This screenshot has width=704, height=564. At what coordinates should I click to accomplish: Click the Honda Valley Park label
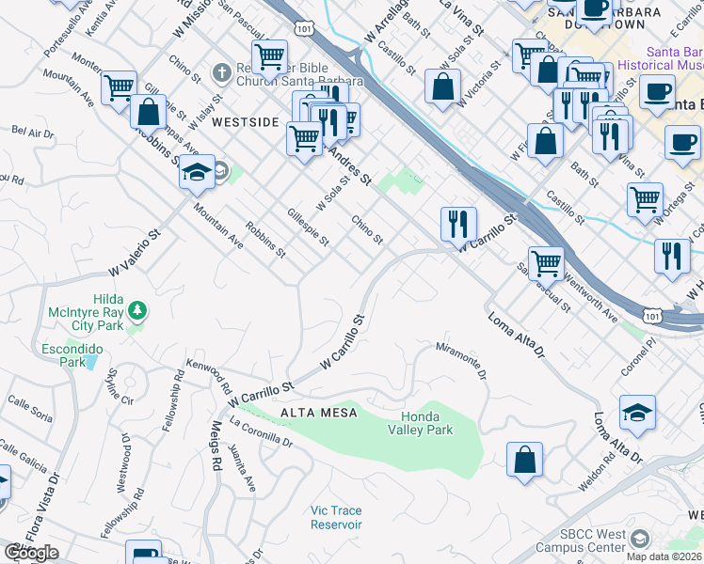click(x=420, y=423)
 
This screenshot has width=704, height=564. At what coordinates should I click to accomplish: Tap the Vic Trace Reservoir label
click(x=336, y=517)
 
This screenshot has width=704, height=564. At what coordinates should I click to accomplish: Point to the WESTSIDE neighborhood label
click(x=245, y=122)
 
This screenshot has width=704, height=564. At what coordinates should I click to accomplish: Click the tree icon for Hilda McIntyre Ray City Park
click(x=137, y=309)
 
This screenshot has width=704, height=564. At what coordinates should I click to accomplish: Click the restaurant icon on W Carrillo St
click(x=458, y=225)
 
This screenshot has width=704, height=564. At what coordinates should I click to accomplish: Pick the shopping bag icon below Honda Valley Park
click(x=524, y=461)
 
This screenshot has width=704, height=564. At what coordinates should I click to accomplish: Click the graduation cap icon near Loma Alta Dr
click(x=637, y=414)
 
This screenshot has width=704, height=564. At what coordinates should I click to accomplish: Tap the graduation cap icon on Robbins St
click(x=198, y=172)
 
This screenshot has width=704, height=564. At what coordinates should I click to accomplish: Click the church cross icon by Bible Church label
click(x=220, y=72)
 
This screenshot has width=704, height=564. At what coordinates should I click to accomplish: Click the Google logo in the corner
click(x=31, y=552)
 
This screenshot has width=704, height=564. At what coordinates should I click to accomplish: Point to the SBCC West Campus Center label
click(x=581, y=540)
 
